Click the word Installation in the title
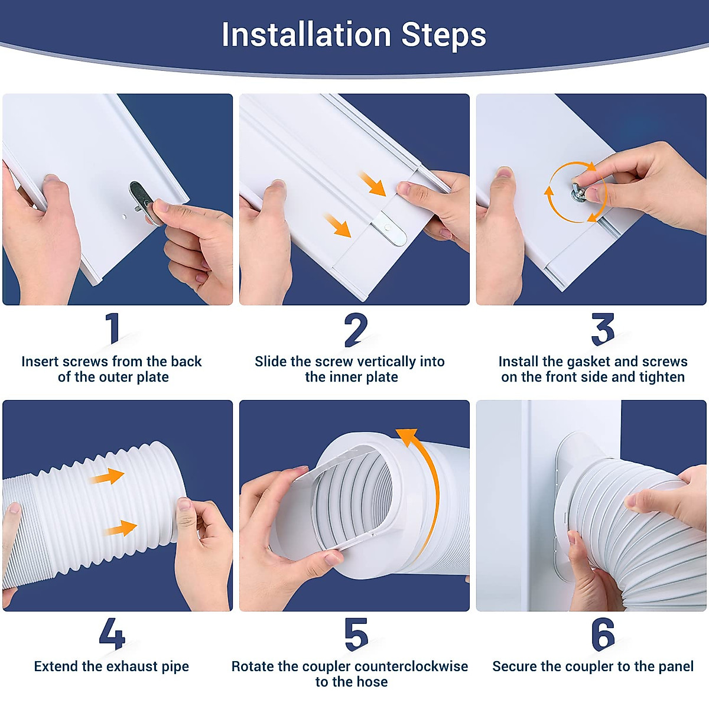[x=306, y=35]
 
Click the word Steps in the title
[x=444, y=36]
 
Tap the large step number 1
[x=113, y=328]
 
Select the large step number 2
[x=356, y=330]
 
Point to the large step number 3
[x=603, y=329]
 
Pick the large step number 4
[x=112, y=633]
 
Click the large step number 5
[x=356, y=635]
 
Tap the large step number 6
[x=603, y=634]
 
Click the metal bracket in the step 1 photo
[x=145, y=202]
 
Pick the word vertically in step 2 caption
[x=375, y=362]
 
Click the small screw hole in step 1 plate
[x=124, y=217]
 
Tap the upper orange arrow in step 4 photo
[x=107, y=476]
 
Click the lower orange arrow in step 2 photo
[x=337, y=226]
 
